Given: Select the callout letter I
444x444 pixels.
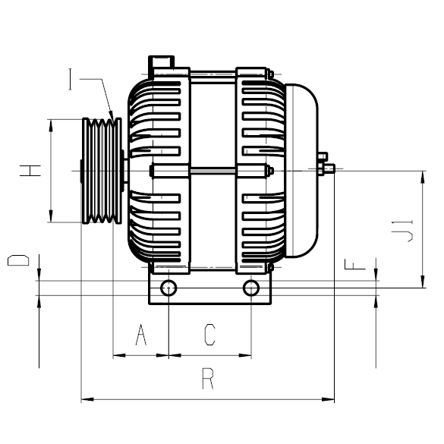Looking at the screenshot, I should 72,78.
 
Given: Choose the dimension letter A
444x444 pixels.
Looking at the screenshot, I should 140,334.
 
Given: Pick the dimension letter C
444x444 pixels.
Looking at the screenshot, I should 210,334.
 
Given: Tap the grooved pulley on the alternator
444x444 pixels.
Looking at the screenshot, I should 102,171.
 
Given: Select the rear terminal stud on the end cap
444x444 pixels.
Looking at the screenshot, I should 326,165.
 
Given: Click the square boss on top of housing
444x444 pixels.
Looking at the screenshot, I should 162,61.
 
